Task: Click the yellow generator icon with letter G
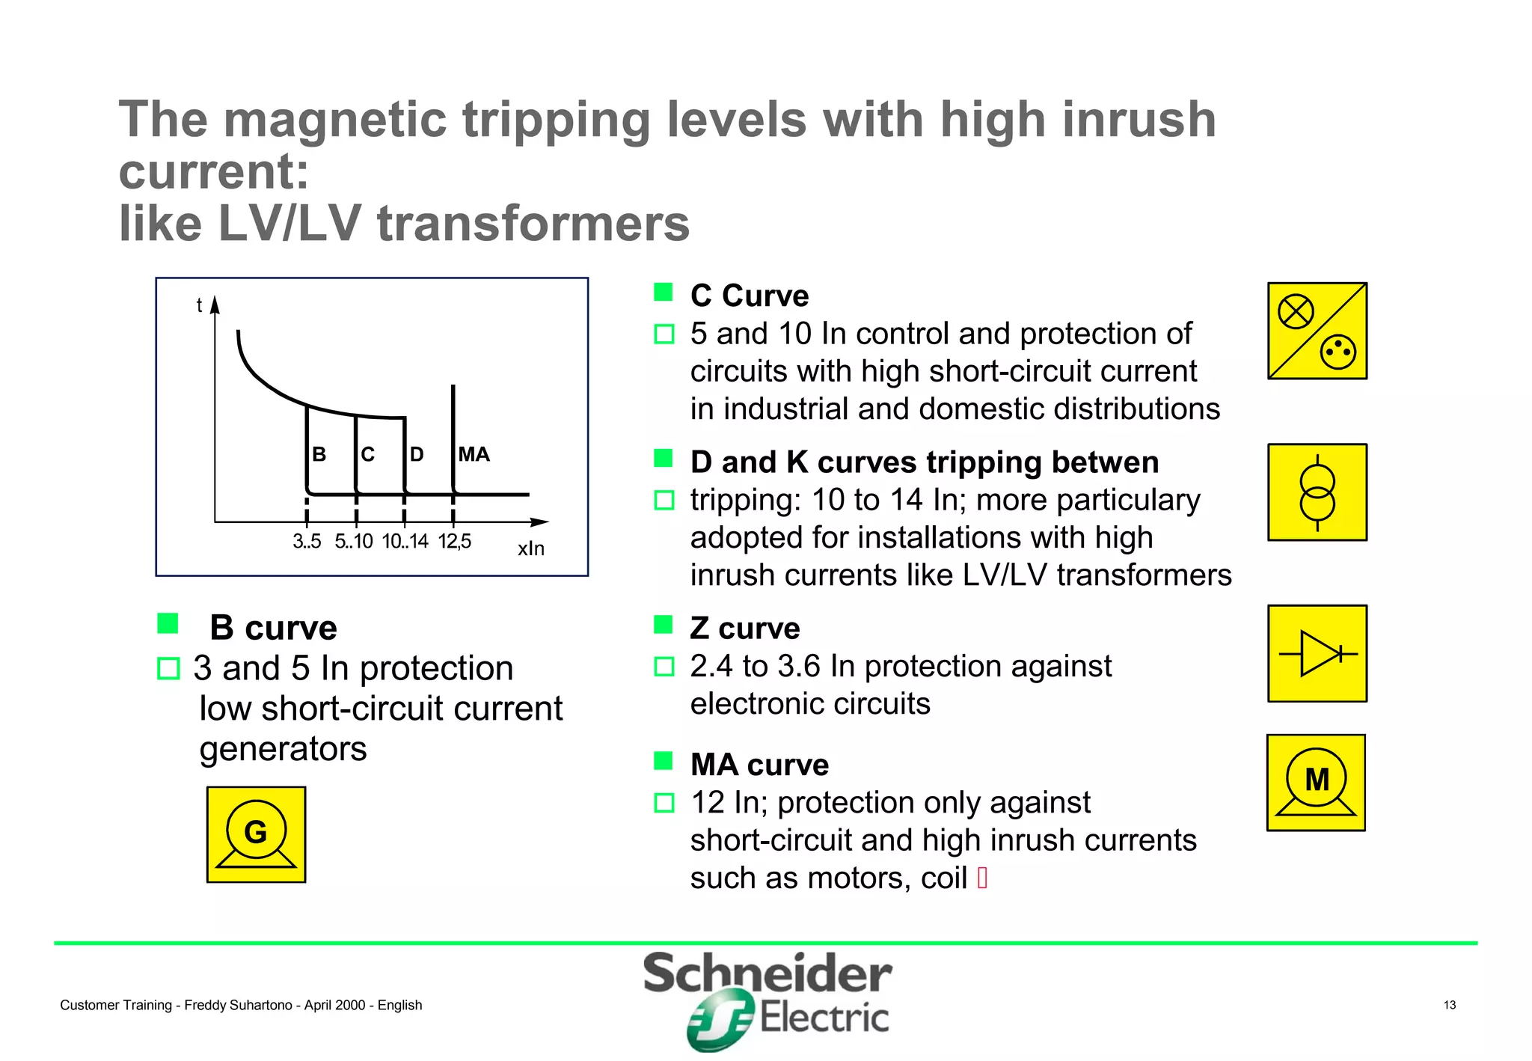pyautogui.click(x=256, y=834)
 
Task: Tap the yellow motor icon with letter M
pyautogui.click(x=1316, y=783)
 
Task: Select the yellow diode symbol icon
pyautogui.click(x=1317, y=653)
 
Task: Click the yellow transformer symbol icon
pyautogui.click(x=1317, y=492)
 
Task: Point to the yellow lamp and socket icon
pyautogui.click(x=1317, y=331)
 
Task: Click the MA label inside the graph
pyautogui.click(x=474, y=454)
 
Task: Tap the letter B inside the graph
pyautogui.click(x=319, y=454)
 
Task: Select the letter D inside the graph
pyautogui.click(x=417, y=454)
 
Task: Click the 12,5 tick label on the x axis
pyautogui.click(x=455, y=541)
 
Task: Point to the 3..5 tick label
pyautogui.click(x=307, y=541)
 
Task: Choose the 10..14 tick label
pyautogui.click(x=405, y=541)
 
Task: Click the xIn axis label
pyautogui.click(x=531, y=548)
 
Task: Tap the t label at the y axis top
pyautogui.click(x=199, y=305)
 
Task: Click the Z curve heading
pyautogui.click(x=744, y=629)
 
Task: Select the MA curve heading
pyautogui.click(x=759, y=765)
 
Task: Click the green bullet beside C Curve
pyautogui.click(x=664, y=292)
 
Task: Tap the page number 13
pyautogui.click(x=1450, y=1005)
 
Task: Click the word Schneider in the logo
pyautogui.click(x=767, y=973)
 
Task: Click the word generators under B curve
pyautogui.click(x=283, y=749)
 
